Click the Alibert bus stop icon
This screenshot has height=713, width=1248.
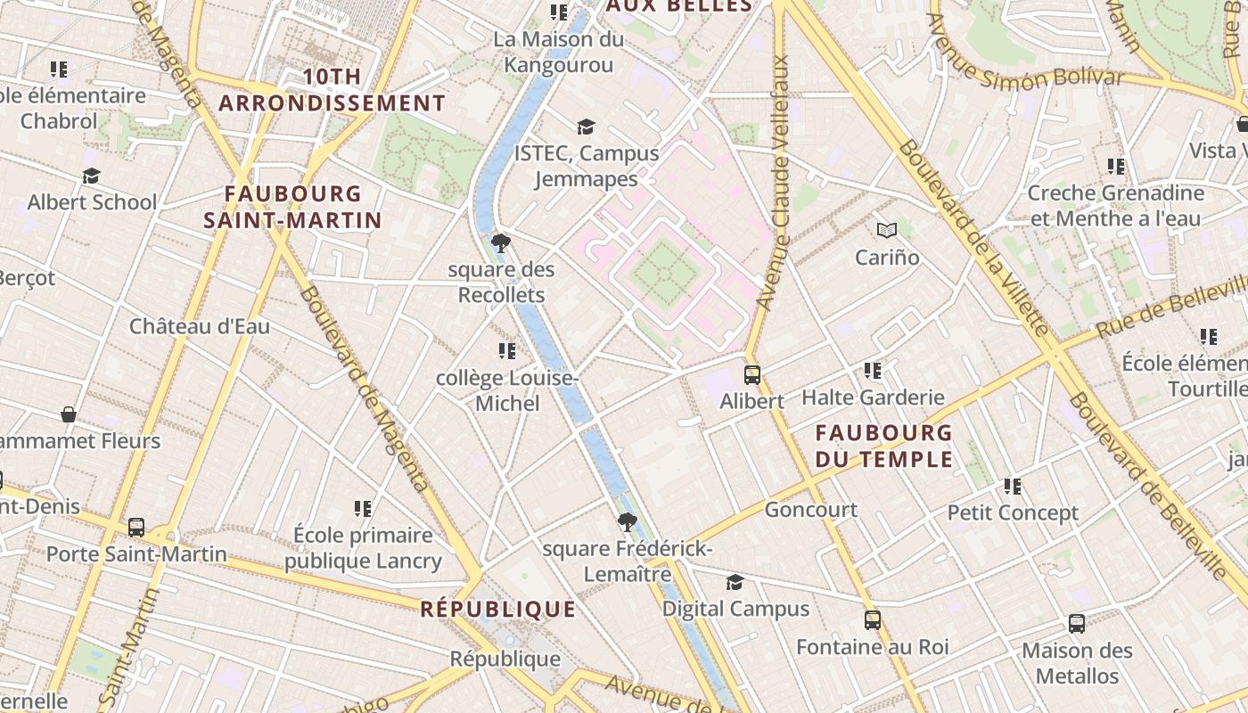point(752,375)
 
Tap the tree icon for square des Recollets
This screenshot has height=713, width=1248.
point(501,243)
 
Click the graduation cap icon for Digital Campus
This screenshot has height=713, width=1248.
point(735,583)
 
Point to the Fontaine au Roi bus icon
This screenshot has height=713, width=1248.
point(873,620)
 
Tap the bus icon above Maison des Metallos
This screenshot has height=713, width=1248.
point(1077,624)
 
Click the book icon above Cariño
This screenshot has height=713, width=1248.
point(886,231)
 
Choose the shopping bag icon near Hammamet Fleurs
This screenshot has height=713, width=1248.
point(69,414)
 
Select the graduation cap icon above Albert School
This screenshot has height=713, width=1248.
point(91,176)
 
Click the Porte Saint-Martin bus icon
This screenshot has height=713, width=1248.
point(136,528)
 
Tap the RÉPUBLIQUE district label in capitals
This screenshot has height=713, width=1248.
point(497,610)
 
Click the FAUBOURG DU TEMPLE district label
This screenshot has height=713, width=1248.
point(884,447)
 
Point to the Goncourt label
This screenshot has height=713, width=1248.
point(811,510)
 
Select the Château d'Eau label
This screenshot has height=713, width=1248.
point(200,326)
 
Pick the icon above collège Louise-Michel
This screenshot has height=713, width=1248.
point(507,352)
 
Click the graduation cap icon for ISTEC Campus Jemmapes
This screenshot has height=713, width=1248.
point(586,127)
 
